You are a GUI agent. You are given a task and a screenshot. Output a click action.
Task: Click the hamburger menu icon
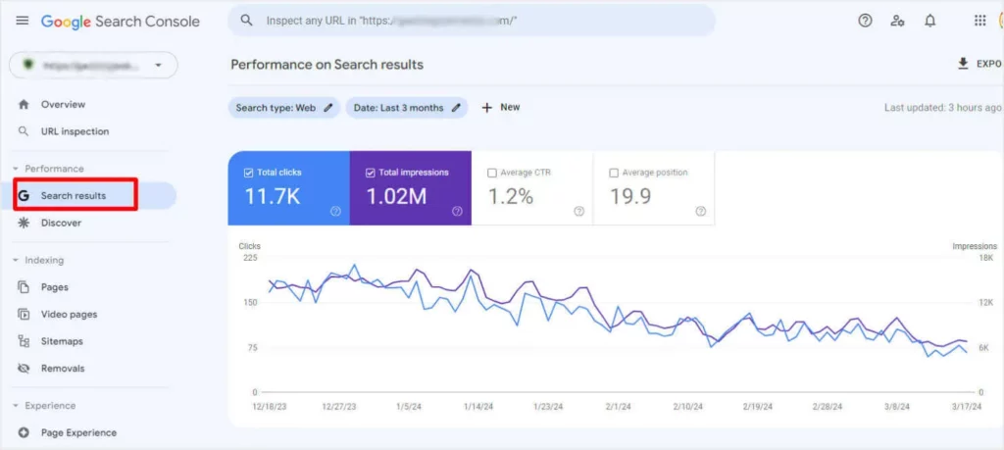coord(23,21)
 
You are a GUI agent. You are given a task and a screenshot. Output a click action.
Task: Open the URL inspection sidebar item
coord(75,131)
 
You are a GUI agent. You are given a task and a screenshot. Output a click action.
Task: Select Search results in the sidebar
coord(73,196)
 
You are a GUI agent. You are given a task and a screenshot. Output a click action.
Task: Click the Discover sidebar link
coord(61,223)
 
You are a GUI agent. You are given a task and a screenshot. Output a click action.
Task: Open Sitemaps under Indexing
coord(62,341)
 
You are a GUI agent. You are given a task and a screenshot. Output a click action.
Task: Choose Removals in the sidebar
coord(63,369)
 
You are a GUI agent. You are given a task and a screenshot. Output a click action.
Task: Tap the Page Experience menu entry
coord(78,432)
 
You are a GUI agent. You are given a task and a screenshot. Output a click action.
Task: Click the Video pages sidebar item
coord(69,315)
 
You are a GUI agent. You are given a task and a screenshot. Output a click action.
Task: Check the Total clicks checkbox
coord(249,173)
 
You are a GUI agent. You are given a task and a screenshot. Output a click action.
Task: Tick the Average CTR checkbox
coord(492,173)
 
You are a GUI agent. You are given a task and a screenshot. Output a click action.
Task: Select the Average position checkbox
coord(614,173)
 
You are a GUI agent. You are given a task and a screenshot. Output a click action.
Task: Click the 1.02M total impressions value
coord(396,196)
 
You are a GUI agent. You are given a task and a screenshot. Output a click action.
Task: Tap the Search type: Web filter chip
coord(284,108)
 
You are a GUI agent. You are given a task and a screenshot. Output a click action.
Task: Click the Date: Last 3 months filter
coord(406,108)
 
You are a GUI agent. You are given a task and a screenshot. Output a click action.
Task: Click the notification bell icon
coord(929,21)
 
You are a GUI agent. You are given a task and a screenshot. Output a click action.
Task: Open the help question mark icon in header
coord(865,21)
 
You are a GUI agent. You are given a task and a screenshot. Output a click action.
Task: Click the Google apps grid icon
coord(979,21)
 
